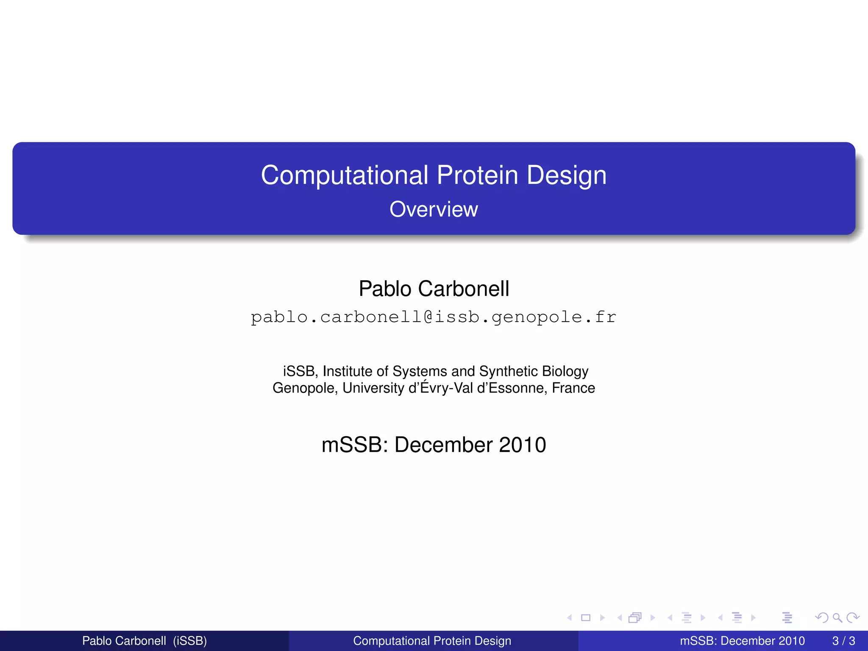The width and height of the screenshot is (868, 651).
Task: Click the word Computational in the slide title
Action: [344, 175]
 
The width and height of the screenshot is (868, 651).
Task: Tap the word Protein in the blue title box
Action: [477, 175]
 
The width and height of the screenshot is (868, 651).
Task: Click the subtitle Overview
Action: [434, 209]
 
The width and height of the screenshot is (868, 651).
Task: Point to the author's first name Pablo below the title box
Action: [385, 289]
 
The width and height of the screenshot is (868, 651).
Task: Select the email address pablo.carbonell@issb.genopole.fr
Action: [434, 317]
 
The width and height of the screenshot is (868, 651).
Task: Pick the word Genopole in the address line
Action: [304, 388]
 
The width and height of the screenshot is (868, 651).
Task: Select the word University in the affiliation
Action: [373, 388]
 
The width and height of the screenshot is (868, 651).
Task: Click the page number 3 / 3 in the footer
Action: [843, 641]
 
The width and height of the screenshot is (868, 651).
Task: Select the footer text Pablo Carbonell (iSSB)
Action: [145, 641]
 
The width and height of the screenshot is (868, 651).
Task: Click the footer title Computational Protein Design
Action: [432, 641]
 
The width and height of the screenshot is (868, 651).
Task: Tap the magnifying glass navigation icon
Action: [837, 618]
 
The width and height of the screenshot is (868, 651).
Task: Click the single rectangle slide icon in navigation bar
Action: [586, 618]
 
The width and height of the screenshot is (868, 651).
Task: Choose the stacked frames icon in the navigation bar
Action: [635, 618]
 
